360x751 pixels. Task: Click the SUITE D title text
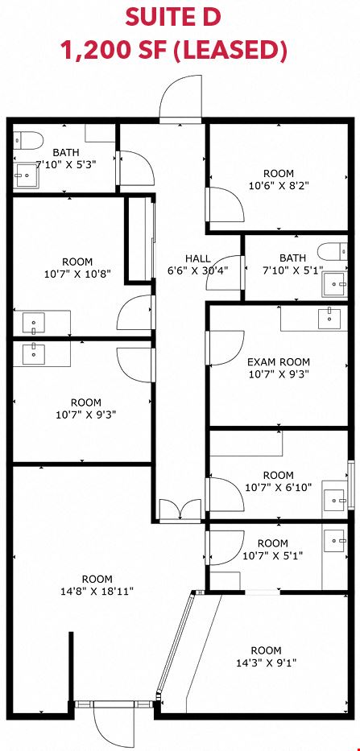pos(173,17)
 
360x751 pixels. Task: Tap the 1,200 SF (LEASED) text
pos(172,51)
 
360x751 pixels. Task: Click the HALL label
pos(197,259)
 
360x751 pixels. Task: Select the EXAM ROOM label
pos(279,361)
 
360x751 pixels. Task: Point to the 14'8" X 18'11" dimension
pos(97,591)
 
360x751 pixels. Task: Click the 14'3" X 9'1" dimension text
pos(267,663)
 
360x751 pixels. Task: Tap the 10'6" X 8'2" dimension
pos(279,185)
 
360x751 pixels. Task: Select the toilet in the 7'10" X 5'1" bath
pos(333,251)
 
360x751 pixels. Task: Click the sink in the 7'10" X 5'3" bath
pos(26,175)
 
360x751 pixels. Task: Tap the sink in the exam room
pos(330,318)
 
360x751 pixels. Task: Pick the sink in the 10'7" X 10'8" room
pos(34,324)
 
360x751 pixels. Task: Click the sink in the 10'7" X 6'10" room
pos(334,501)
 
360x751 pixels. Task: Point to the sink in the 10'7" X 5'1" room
pos(335,541)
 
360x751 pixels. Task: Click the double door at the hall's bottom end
pos(180,510)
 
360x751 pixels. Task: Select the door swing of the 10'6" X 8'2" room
pos(226,204)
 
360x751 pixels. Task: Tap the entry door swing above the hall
pos(180,99)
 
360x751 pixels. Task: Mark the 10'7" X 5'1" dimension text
pos(273,555)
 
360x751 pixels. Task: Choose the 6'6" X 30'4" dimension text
pos(197,270)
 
